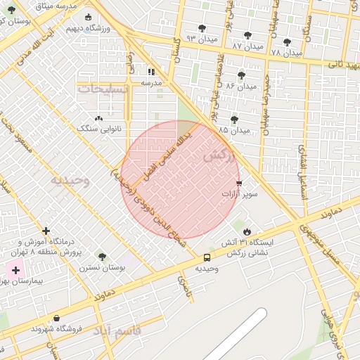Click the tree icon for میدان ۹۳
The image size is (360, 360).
point(202,28)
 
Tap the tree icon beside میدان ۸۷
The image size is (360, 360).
point(247,35)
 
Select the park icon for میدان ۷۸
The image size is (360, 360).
point(287,42)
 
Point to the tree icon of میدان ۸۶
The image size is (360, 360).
point(241,75)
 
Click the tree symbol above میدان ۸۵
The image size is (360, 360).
point(234,120)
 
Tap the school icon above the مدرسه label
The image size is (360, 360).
point(151,72)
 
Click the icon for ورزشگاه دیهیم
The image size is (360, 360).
point(87,18)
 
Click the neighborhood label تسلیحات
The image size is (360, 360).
point(103,89)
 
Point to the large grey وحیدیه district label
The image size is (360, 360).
point(70,180)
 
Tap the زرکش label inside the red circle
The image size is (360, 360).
point(217,157)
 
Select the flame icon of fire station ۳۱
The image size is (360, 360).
point(246,231)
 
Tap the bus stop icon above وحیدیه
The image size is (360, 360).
point(207,257)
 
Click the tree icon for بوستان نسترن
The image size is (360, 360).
point(102,257)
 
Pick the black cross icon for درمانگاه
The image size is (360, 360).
point(46,230)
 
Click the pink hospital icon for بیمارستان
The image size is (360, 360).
point(15,269)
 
